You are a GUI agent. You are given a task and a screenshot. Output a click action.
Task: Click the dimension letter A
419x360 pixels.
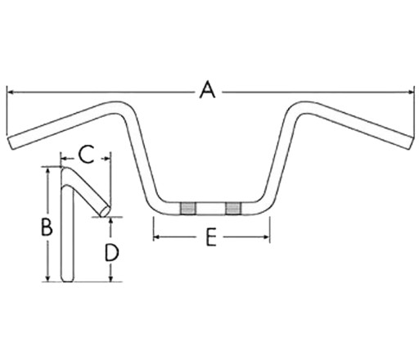tap(207, 89)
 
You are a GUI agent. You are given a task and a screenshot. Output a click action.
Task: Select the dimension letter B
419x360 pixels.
tap(47, 227)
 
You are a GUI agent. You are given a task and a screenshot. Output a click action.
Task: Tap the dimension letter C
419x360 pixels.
tap(86, 155)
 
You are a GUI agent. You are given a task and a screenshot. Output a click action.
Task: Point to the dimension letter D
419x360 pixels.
tap(111, 253)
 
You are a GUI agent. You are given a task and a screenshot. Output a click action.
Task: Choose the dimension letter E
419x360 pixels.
tap(210, 237)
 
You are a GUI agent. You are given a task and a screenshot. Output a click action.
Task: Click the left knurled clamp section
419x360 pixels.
tap(187, 209)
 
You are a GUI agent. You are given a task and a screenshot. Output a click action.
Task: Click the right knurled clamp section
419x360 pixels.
tap(233, 209)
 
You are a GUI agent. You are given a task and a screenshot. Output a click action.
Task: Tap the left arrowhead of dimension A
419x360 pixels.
tap(10, 92)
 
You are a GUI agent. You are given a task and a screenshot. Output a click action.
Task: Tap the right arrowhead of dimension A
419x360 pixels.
tap(410, 92)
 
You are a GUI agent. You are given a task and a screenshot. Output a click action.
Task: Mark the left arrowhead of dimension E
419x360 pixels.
tap(156, 237)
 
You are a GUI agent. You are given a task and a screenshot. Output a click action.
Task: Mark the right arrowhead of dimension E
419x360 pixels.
tap(266, 237)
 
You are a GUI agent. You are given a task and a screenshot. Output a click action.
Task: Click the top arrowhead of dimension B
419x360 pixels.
tap(48, 171)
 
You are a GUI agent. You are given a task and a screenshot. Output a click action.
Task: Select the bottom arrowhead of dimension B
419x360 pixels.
tap(48, 278)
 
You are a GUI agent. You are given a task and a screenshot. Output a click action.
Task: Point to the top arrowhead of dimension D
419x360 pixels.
tap(110, 221)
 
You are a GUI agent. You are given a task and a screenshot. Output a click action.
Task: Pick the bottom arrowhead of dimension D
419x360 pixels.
tap(110, 278)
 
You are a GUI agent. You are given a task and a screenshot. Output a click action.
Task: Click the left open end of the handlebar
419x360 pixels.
tap(10, 142)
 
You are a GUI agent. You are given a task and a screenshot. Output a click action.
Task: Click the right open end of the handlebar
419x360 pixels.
tap(410, 142)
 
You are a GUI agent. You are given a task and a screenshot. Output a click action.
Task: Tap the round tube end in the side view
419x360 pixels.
tap(106, 211)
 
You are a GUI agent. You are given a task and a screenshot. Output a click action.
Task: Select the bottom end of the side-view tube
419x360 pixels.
tap(67, 280)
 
